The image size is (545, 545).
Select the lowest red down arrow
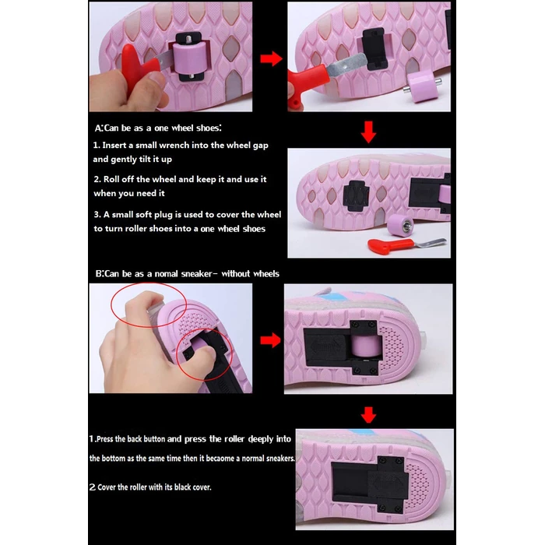(x=369, y=415)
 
